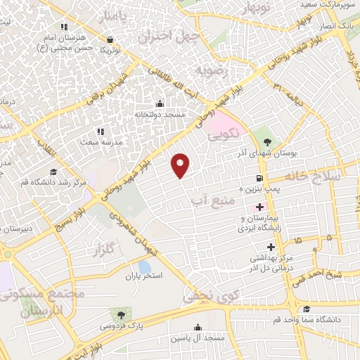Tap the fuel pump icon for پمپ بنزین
point(260,179)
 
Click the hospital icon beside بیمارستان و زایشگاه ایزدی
point(259,207)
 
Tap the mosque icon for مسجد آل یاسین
point(198,327)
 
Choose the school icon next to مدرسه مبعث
point(101,131)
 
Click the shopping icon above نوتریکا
point(109,39)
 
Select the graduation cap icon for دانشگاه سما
point(306,309)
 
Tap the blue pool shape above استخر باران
point(144,266)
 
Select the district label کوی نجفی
point(211,296)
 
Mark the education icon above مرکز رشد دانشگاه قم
point(53,172)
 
